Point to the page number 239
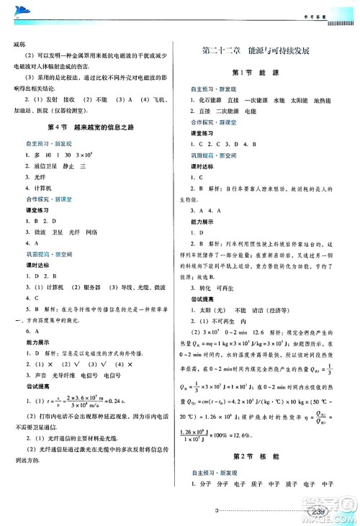coord(316,512)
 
